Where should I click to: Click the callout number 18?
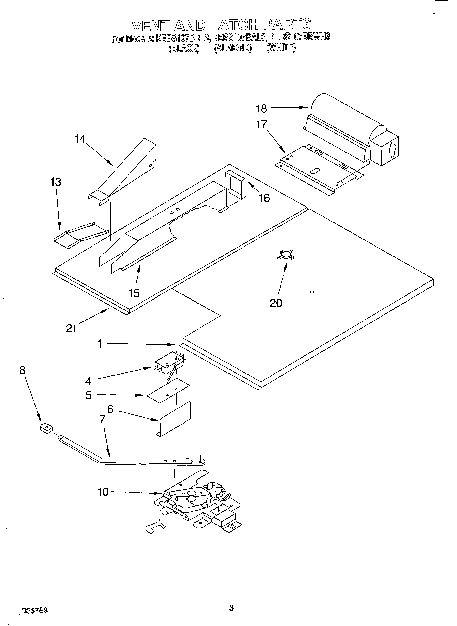[262, 108]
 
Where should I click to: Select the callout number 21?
[72, 328]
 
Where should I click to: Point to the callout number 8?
[22, 370]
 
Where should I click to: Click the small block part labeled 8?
[47, 428]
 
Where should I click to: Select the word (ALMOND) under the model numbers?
[232, 48]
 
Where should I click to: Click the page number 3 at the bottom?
[231, 608]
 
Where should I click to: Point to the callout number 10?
[102, 492]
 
